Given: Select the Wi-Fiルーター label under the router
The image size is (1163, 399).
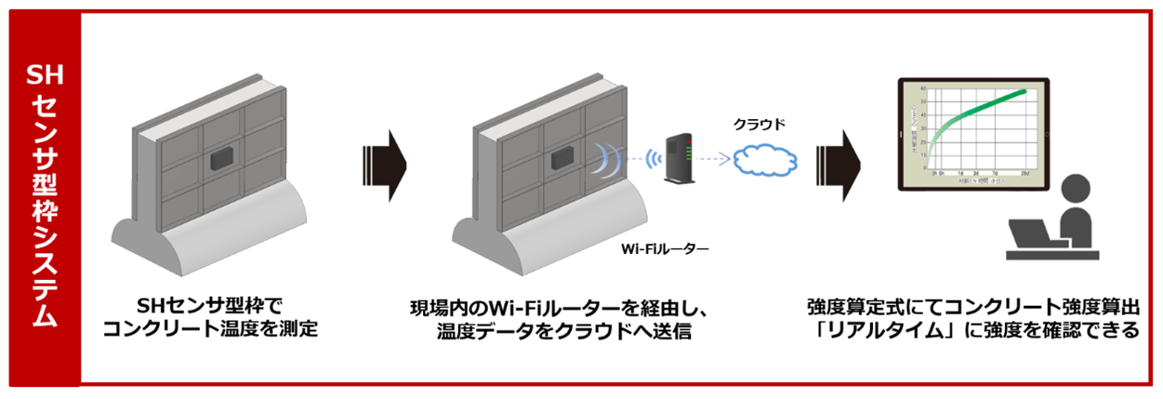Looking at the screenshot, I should tap(665, 248).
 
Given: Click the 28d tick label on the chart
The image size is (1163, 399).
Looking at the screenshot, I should tap(1023, 173).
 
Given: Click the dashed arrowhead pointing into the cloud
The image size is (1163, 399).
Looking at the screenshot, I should tap(727, 159).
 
